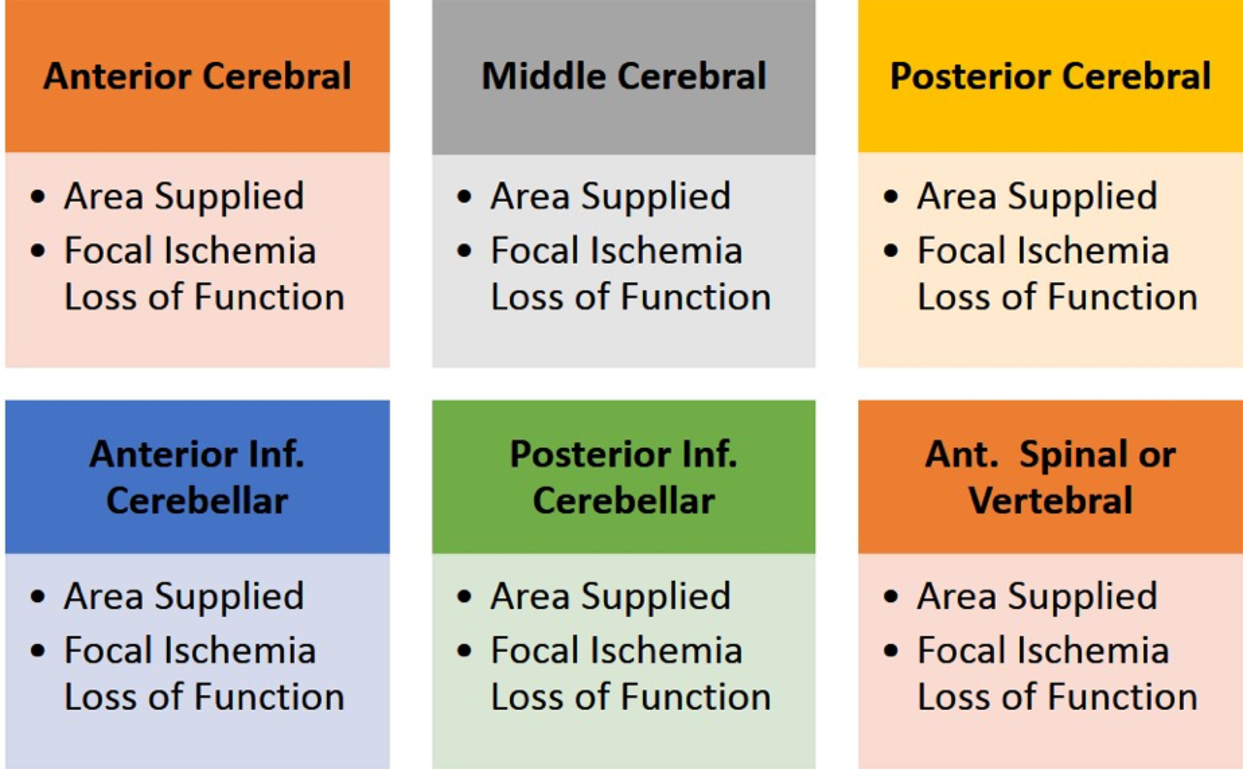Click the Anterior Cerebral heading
click(198, 76)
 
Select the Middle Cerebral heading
click(624, 76)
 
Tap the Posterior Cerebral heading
click(1051, 76)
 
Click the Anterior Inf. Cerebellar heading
click(198, 477)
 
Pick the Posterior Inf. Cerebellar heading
click(624, 477)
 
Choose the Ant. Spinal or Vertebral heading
click(1051, 477)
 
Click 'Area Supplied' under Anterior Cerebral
click(184, 196)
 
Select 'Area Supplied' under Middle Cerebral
click(611, 196)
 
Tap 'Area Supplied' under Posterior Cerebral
click(1037, 196)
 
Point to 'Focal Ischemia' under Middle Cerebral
click(617, 250)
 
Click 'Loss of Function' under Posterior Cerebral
click(1058, 297)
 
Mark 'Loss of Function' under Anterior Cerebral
click(205, 297)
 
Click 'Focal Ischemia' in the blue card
click(190, 650)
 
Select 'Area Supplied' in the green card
click(611, 596)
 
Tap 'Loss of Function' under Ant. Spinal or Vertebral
click(1058, 697)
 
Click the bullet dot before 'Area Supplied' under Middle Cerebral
click(464, 196)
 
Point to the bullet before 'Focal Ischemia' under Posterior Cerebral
click(891, 250)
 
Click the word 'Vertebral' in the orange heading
click(1051, 500)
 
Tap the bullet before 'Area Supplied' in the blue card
click(38, 596)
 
